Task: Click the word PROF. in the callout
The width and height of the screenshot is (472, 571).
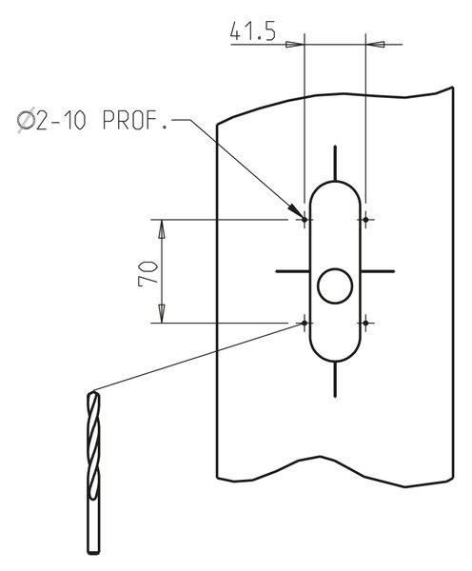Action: (x=135, y=120)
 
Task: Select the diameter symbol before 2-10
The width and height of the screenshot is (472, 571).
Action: (x=27, y=121)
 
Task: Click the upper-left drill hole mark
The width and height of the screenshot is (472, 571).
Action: (x=305, y=220)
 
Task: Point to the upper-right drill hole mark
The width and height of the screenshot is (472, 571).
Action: (x=365, y=220)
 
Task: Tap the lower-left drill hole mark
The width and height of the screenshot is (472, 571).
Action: (x=305, y=323)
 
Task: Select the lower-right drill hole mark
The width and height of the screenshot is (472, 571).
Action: (x=365, y=323)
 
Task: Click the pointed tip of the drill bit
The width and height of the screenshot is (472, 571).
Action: (x=93, y=392)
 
